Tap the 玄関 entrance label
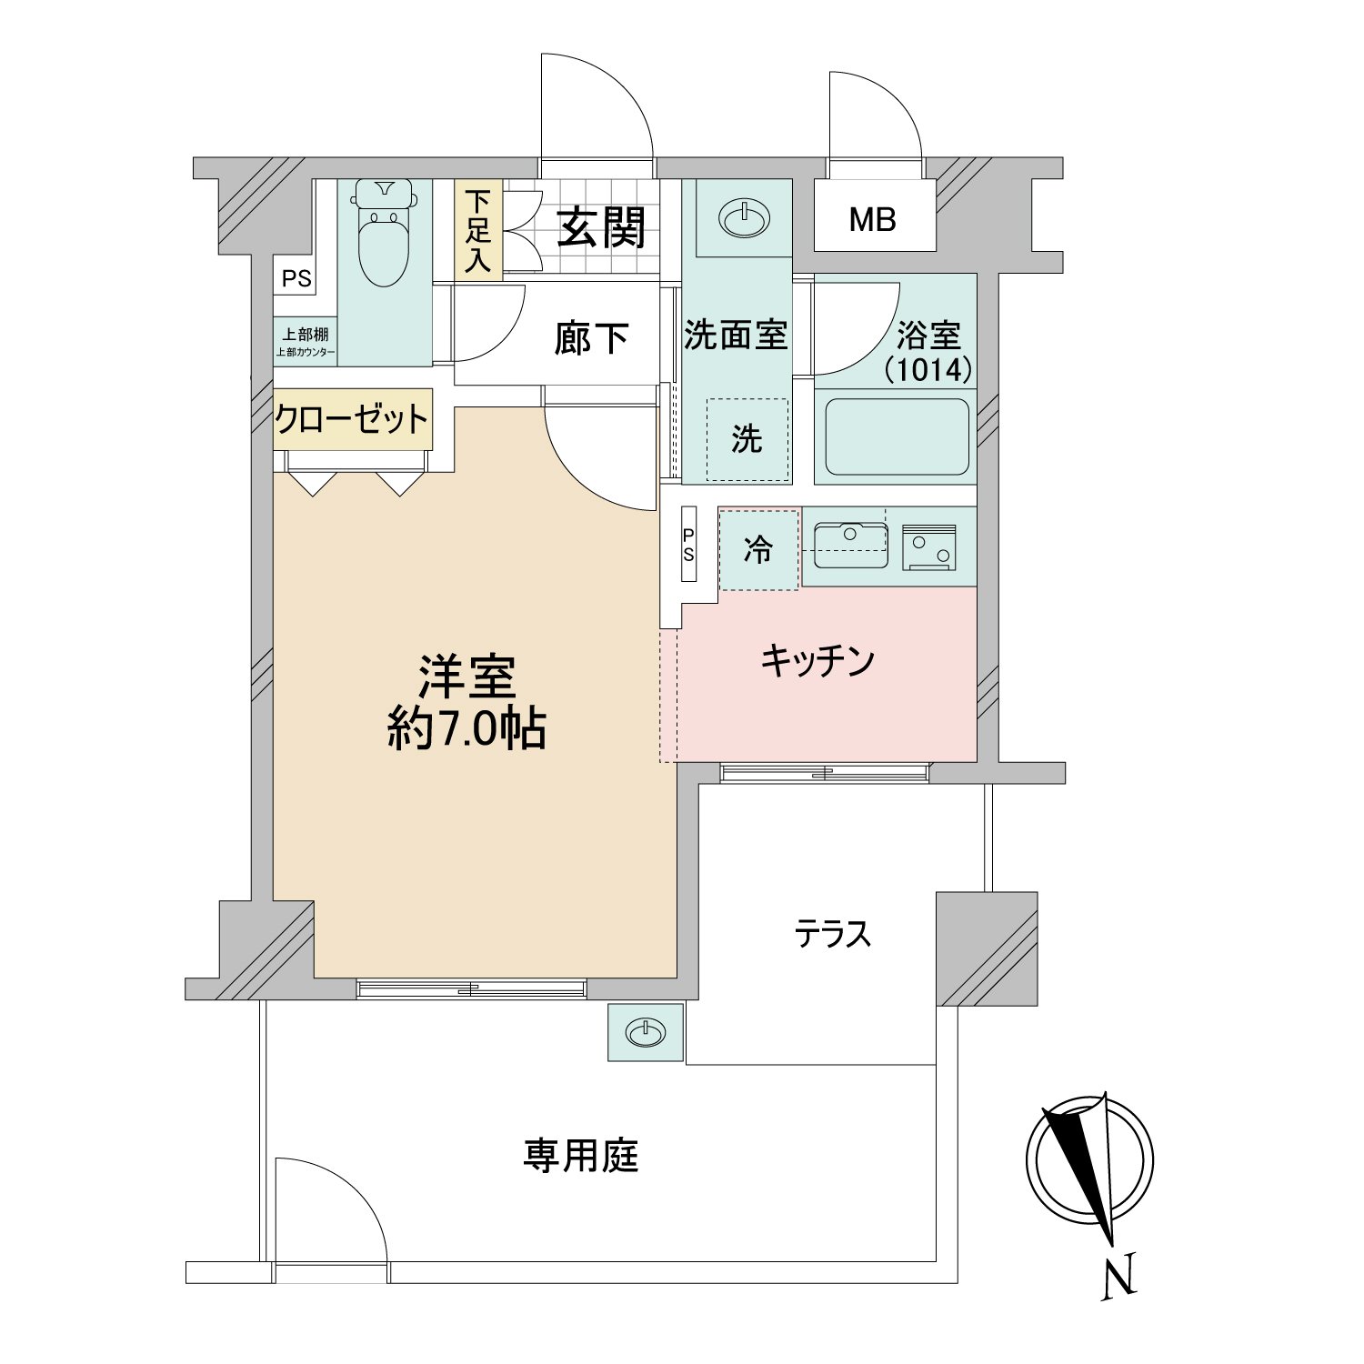(x=601, y=226)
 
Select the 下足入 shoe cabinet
(x=478, y=230)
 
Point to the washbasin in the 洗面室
(x=744, y=218)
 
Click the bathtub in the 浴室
(x=895, y=437)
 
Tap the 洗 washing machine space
(x=747, y=440)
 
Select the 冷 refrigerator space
(x=758, y=549)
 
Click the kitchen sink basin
(x=850, y=543)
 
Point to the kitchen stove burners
(x=928, y=547)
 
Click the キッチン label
(x=817, y=660)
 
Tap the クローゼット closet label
(x=352, y=419)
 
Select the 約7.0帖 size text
(x=466, y=727)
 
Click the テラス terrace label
(x=833, y=934)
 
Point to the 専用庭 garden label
(x=581, y=1156)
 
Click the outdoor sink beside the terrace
(x=645, y=1032)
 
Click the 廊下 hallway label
(x=591, y=338)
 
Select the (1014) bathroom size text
(x=928, y=370)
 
